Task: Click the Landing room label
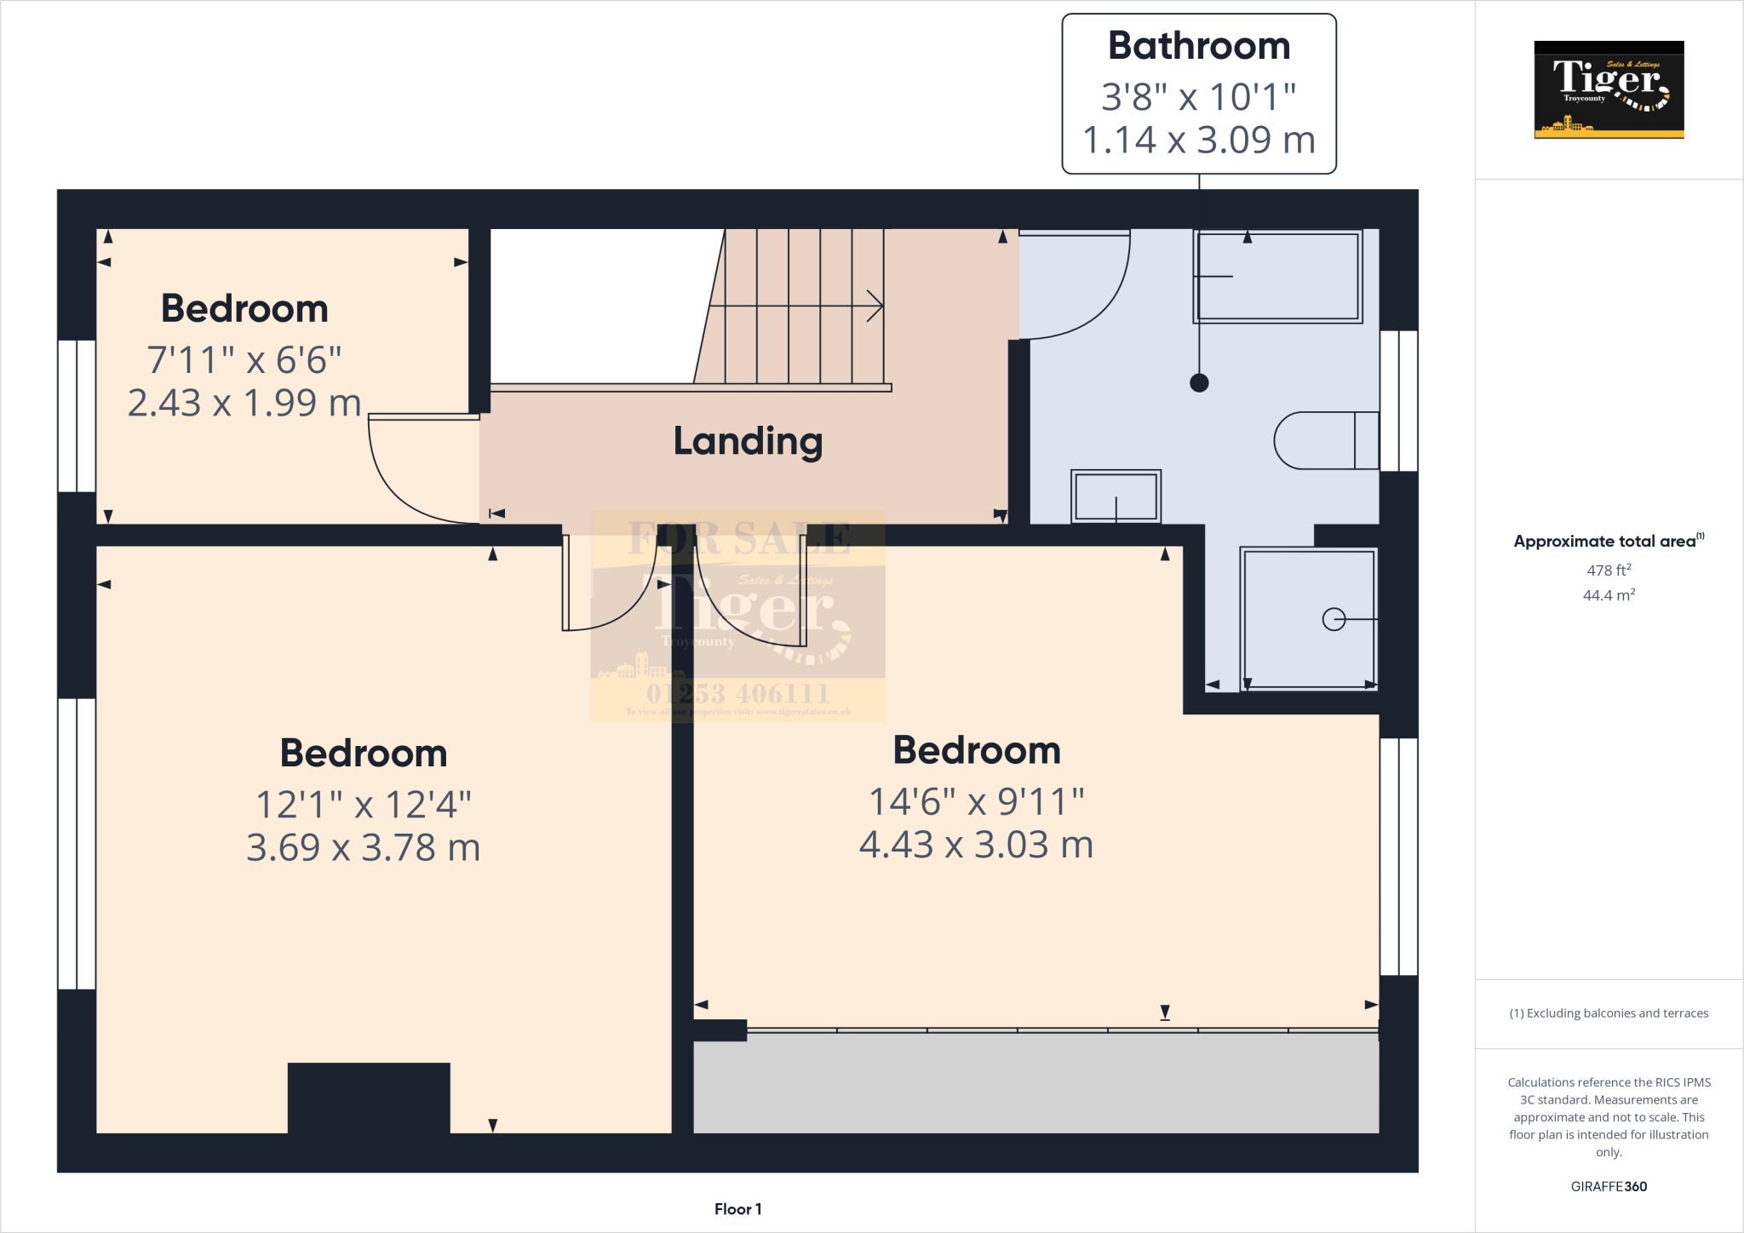(748, 441)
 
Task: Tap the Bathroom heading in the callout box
(1198, 46)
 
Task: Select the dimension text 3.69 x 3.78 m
(364, 847)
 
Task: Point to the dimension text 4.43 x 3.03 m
(976, 845)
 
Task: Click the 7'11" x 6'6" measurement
(244, 359)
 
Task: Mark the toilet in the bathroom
(1325, 441)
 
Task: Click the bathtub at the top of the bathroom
(1277, 277)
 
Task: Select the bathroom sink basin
(1116, 496)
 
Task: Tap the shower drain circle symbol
(1334, 619)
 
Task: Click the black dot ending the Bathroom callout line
(1199, 383)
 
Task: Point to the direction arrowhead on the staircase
(875, 306)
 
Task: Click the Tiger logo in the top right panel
(1609, 89)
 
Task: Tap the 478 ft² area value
(1608, 571)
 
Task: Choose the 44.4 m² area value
(1608, 595)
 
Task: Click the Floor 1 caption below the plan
(737, 1209)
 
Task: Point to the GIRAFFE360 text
(1608, 1186)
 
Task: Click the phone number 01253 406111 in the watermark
(737, 693)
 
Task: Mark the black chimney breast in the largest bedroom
(369, 1097)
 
